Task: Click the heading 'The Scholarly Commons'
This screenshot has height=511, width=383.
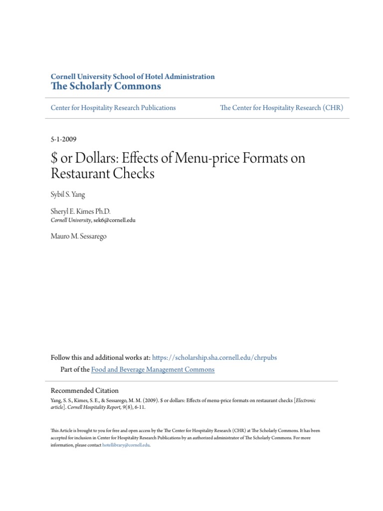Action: pyautogui.click(x=106, y=86)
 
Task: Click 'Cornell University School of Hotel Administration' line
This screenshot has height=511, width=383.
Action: pyautogui.click(x=133, y=76)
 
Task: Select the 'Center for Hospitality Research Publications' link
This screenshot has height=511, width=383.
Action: pyautogui.click(x=113, y=107)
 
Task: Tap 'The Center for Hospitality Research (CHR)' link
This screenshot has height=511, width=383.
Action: pyautogui.click(x=281, y=107)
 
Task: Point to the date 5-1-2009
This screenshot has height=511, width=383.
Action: pyautogui.click(x=63, y=139)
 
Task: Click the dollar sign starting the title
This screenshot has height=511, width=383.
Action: pyautogui.click(x=54, y=159)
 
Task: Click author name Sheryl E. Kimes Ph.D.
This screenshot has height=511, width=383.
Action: pyautogui.click(x=80, y=212)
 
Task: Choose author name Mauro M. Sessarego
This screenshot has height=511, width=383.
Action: pyautogui.click(x=79, y=236)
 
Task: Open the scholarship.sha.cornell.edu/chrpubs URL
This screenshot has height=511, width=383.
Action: pyautogui.click(x=214, y=357)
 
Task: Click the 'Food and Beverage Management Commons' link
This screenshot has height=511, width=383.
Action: pyautogui.click(x=153, y=369)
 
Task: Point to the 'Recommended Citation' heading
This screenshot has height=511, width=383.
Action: pyautogui.click(x=85, y=390)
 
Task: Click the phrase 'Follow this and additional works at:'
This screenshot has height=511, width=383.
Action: pyautogui.click(x=100, y=357)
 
